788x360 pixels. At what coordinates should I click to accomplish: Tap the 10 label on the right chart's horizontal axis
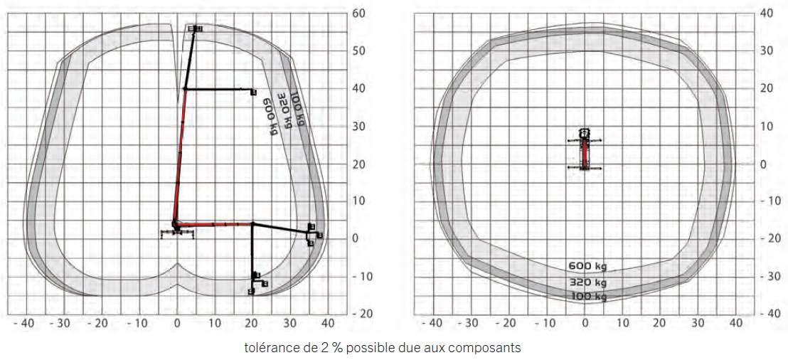[623, 322]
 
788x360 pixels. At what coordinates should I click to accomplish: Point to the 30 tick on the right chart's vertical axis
[766, 51]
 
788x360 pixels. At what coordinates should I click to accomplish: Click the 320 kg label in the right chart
[587, 282]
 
